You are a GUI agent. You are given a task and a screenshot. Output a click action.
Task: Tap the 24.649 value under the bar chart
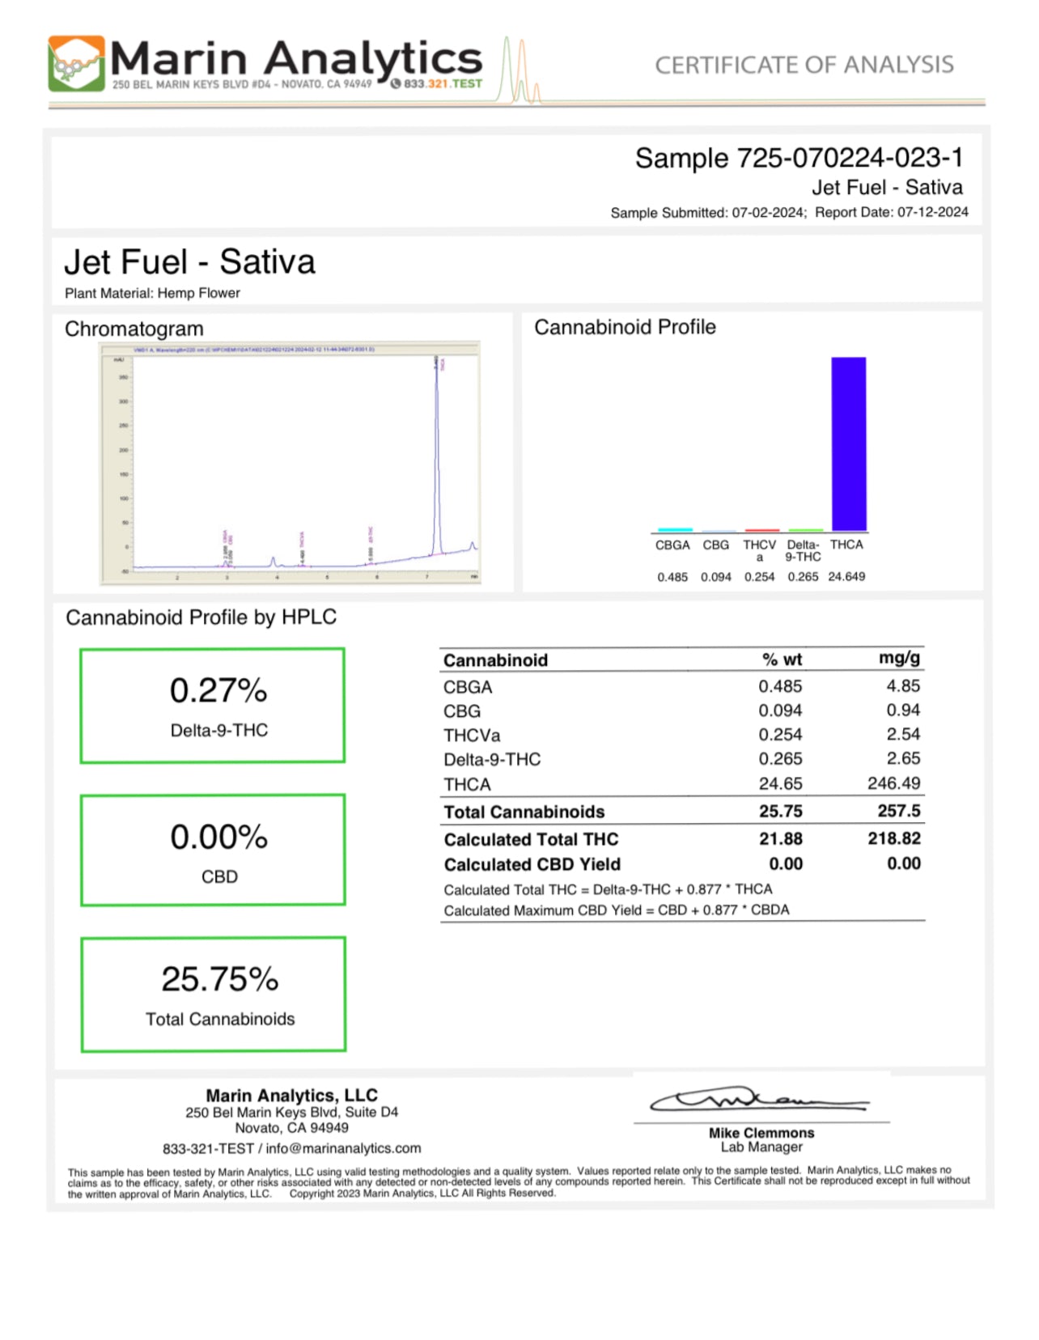846,577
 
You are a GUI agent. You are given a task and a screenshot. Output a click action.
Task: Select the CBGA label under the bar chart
672,545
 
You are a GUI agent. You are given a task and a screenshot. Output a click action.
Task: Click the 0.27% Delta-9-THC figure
218,691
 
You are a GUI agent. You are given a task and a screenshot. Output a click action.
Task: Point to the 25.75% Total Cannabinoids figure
220,979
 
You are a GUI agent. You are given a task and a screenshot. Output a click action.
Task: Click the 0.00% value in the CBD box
218,837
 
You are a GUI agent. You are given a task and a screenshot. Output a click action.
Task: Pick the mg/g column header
899,659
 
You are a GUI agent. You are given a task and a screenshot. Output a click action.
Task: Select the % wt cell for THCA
780,783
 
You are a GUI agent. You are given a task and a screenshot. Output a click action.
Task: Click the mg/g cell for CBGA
903,686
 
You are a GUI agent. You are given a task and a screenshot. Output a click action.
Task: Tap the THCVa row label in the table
472,736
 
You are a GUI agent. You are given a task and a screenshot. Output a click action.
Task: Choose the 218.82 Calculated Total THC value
894,838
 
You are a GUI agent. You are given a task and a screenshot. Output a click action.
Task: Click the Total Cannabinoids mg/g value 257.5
898,811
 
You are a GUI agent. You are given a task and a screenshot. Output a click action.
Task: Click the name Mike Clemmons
761,1133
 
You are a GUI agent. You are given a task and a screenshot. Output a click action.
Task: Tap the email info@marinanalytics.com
343,1148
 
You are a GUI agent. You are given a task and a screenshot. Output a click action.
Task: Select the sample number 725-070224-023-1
849,158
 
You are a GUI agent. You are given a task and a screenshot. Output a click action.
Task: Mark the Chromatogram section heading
134,329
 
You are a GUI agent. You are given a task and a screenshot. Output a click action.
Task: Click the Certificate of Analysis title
804,65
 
